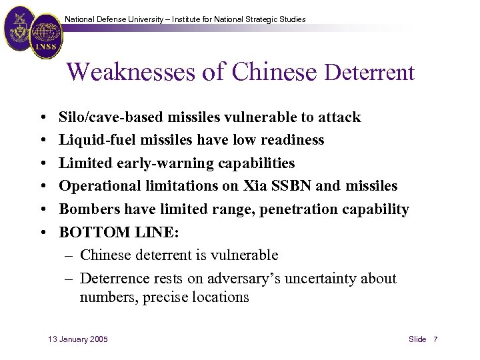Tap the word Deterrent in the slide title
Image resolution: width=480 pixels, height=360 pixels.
pyautogui.click(x=369, y=73)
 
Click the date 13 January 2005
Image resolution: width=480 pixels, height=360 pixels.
pyautogui.click(x=78, y=339)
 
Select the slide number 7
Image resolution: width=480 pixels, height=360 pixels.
pyautogui.click(x=435, y=339)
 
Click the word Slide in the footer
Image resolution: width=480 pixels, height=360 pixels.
pyautogui.click(x=417, y=339)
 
